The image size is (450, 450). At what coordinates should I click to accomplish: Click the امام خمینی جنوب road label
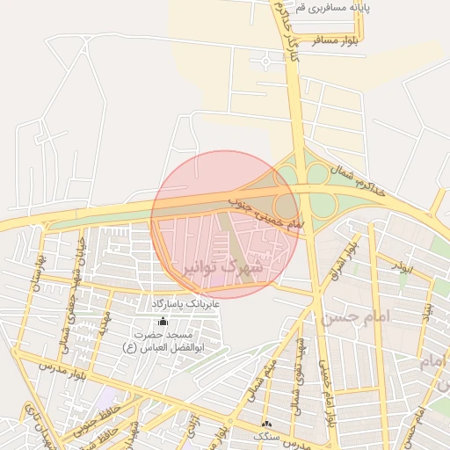pos(265,211)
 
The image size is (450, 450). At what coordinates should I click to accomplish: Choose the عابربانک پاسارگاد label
pos(185,303)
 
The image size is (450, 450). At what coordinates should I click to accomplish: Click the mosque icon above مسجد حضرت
pos(162,322)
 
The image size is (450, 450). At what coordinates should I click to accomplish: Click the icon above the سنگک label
pos(266,425)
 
